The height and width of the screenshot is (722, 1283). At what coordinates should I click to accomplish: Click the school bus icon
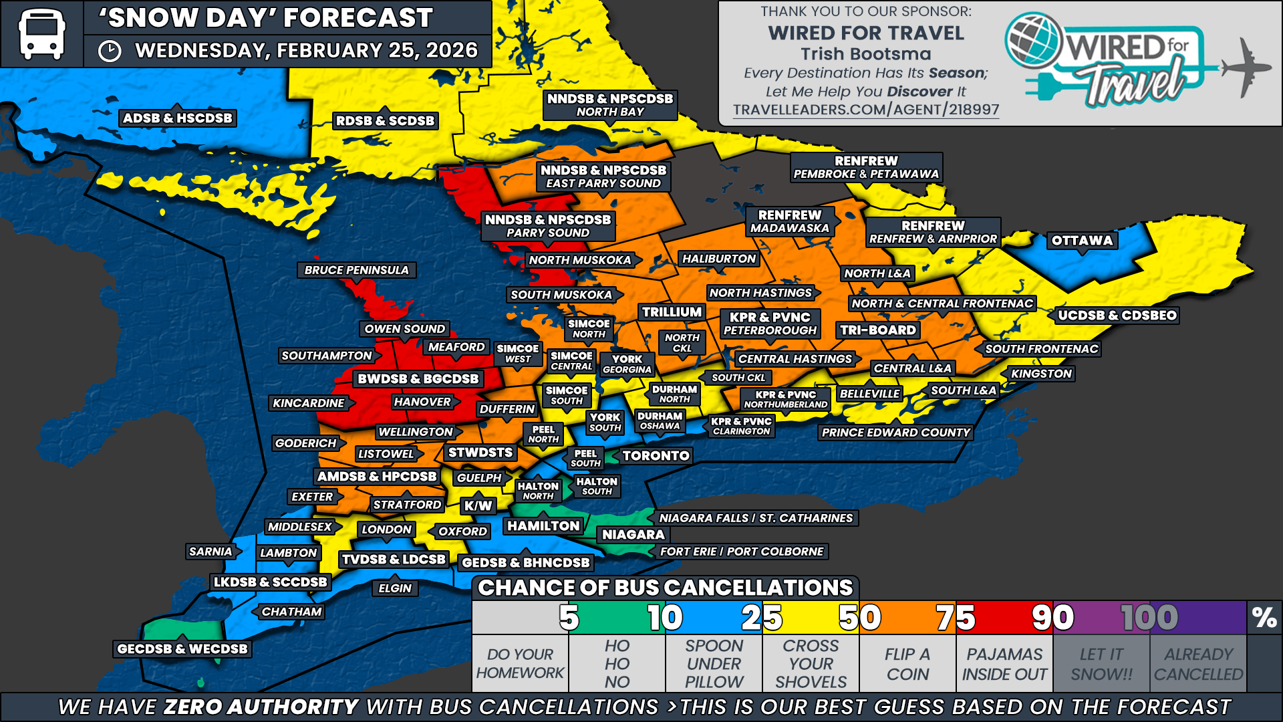[x=41, y=33]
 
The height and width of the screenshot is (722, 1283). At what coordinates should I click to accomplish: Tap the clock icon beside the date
[x=110, y=51]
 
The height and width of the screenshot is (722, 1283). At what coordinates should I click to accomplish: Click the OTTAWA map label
[x=1082, y=241]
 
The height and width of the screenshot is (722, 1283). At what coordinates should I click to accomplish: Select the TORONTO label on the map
[x=656, y=456]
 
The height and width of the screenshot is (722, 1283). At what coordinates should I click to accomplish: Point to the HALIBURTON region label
[x=718, y=259]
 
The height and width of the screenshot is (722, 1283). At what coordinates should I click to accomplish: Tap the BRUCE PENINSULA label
[x=356, y=270]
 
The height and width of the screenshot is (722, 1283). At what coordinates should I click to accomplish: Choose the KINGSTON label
[x=1041, y=374]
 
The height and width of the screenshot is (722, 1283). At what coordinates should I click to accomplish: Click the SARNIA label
[x=210, y=552]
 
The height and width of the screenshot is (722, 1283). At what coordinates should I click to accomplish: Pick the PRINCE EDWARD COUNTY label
[x=895, y=433]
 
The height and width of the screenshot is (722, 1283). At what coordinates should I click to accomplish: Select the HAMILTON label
[x=543, y=526]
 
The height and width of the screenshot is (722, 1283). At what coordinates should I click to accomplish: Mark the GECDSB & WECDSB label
[x=182, y=648]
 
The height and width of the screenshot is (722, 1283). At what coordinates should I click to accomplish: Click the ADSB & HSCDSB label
[x=178, y=118]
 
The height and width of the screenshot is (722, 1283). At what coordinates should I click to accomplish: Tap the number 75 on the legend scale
[x=956, y=618]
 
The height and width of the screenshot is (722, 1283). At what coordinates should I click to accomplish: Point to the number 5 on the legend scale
[x=569, y=618]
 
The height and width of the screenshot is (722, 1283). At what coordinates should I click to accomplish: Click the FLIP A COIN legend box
[x=907, y=664]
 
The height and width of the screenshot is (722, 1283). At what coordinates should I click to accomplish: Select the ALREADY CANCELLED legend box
[x=1198, y=664]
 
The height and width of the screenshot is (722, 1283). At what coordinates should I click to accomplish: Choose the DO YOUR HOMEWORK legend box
[x=520, y=664]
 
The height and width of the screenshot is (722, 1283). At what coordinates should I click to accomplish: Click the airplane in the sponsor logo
[x=1245, y=67]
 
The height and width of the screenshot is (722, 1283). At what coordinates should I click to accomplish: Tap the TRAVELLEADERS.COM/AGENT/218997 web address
[x=866, y=110]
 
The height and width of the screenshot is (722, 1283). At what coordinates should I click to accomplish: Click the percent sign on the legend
[x=1264, y=618]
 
